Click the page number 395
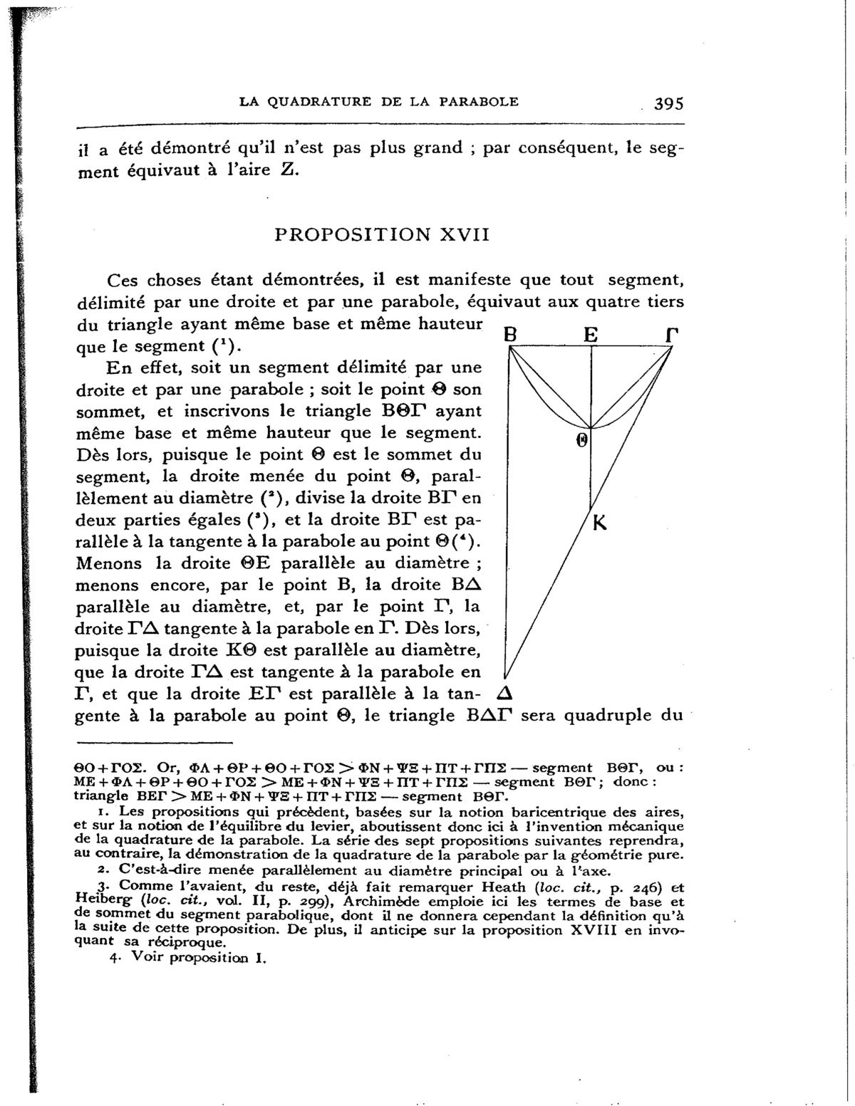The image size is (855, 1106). pos(668,103)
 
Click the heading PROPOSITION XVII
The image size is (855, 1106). pos(382,234)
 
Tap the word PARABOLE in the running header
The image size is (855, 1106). pos(478,101)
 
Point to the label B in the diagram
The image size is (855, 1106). pos(509,333)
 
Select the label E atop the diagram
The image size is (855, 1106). pos(591,333)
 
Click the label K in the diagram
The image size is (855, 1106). pos(599,523)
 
